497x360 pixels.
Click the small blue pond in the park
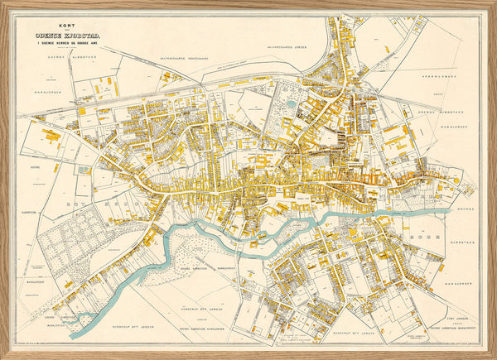(x=291, y=104)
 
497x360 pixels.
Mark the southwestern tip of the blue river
(x=74, y=335)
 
